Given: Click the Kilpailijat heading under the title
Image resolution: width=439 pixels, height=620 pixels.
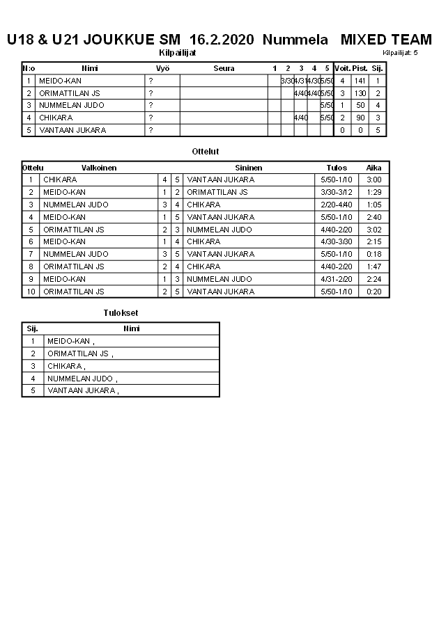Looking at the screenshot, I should (x=178, y=52).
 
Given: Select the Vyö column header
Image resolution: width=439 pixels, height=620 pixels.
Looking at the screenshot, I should (x=162, y=68).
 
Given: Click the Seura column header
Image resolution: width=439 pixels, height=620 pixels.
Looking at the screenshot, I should (x=224, y=68).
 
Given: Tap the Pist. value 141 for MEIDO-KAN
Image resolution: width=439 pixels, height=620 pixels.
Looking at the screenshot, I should (x=360, y=81).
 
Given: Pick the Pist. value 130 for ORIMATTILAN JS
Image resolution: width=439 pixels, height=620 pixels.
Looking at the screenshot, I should (x=360, y=93).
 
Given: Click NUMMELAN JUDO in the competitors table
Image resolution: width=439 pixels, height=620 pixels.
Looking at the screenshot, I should (x=72, y=106).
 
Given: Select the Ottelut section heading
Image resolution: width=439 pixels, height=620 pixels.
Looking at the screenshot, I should (x=206, y=151).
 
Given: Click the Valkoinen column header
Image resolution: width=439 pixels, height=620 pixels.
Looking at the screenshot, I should (x=99, y=168).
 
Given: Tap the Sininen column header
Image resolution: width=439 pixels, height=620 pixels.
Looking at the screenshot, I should (x=249, y=168).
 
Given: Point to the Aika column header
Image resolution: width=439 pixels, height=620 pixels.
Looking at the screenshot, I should (x=374, y=168).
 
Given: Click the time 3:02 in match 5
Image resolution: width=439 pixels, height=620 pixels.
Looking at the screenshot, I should (x=374, y=230).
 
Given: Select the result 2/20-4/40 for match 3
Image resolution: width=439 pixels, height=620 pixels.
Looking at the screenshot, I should (x=337, y=205).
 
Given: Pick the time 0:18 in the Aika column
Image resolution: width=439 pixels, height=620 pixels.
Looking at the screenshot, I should (x=374, y=254).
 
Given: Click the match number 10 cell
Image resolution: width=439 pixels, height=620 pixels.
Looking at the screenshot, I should (x=31, y=292).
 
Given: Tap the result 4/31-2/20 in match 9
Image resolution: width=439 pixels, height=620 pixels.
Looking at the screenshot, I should (x=337, y=279).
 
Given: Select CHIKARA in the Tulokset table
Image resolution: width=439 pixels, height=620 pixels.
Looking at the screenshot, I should (x=66, y=366).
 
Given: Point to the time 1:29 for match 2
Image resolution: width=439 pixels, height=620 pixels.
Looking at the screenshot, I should (x=374, y=192).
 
